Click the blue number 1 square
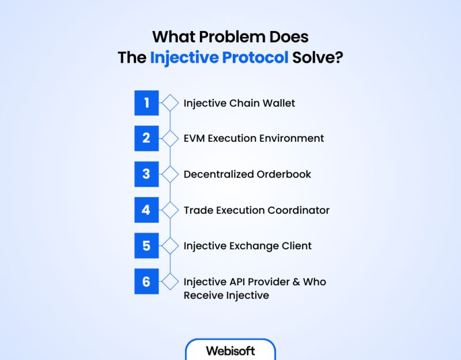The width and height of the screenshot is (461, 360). click(x=146, y=103)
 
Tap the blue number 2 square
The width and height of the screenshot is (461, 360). click(x=146, y=139)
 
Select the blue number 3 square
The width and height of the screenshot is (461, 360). click(x=146, y=175)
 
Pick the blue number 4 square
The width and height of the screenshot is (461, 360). click(x=146, y=210)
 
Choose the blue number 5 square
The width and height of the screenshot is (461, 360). click(x=146, y=246)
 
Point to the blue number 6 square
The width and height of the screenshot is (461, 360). click(x=146, y=282)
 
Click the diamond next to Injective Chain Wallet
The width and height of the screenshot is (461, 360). click(x=170, y=103)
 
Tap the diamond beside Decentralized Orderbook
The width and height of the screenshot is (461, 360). click(x=170, y=175)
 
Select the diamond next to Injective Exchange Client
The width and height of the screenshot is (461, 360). click(x=170, y=246)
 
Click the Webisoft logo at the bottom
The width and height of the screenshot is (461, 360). click(x=231, y=350)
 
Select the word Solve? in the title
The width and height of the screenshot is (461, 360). click(x=317, y=58)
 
